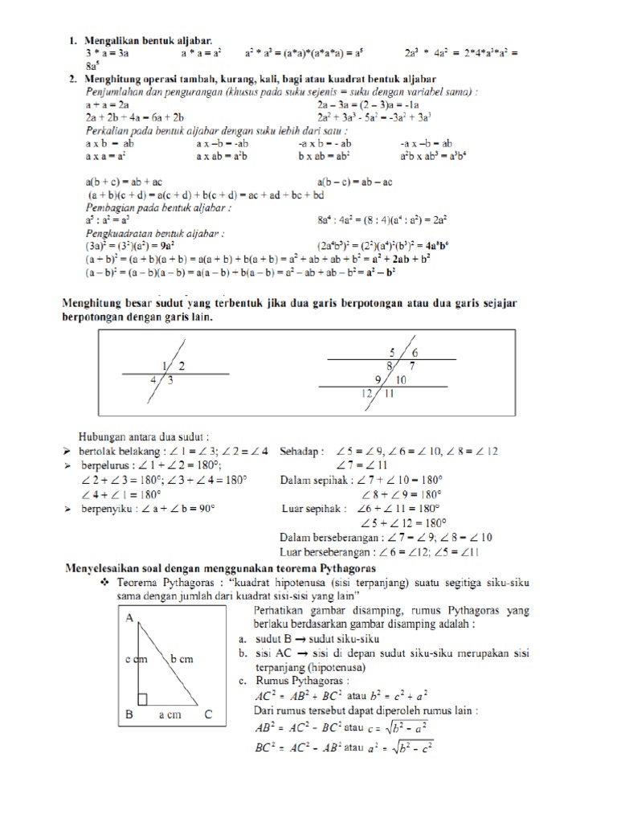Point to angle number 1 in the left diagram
165,366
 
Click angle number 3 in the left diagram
170,380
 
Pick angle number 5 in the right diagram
393,352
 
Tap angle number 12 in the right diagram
366,393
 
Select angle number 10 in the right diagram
402,379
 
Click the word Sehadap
301,451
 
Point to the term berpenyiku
108,509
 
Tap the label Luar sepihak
314,509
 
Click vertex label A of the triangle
129,619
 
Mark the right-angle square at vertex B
143,699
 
